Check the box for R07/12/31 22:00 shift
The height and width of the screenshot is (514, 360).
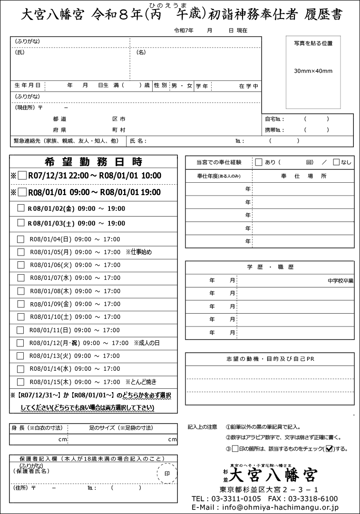point(22,176)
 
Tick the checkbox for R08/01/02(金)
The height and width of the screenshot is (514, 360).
point(21,208)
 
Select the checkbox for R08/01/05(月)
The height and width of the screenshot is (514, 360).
point(20,252)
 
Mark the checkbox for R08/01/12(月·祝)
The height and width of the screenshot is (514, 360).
point(20,343)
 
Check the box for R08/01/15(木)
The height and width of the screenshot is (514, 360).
point(20,382)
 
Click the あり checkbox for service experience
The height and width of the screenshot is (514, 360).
point(259,162)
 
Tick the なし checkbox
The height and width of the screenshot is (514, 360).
point(336,162)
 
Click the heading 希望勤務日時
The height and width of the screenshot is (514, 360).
point(93,161)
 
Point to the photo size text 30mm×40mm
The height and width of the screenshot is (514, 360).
point(313,71)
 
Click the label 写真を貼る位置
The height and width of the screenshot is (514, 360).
point(313,43)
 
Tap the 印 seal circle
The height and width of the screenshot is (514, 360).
point(166,474)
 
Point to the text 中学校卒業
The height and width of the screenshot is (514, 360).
point(341,281)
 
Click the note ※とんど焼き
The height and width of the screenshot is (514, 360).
point(141,382)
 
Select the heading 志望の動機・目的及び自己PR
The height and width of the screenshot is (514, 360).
point(270,358)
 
